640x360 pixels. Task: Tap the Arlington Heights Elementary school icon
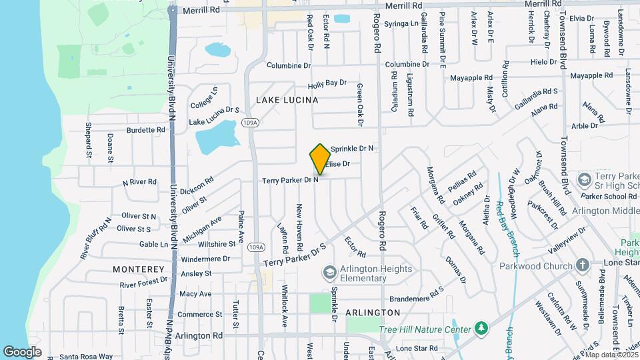[329, 272]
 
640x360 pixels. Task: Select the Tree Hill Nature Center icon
[480, 329]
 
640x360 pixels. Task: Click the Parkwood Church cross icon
[582, 265]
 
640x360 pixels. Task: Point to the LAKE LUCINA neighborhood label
[287, 100]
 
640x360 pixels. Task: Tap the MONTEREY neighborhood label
[138, 269]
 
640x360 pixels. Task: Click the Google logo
[22, 351]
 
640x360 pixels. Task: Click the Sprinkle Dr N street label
[352, 148]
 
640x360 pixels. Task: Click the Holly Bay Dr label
[327, 84]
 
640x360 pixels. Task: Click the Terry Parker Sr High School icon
[584, 180]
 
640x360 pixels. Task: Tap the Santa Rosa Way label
[87, 356]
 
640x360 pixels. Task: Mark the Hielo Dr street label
[543, 62]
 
